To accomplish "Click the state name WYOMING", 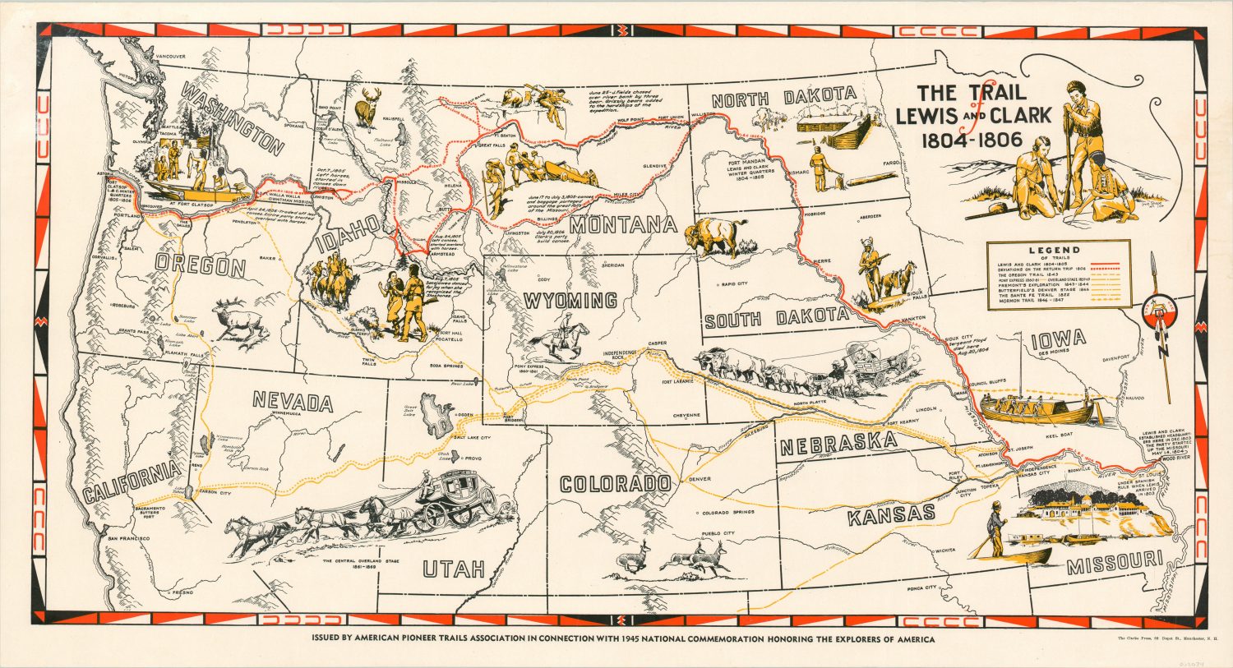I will (570, 301).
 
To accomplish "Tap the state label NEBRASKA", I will (838, 444).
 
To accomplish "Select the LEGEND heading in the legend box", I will (1058, 250).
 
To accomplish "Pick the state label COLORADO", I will (615, 483).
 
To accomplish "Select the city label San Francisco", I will (127, 537).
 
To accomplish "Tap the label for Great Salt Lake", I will (409, 410).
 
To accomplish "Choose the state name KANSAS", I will (891, 515).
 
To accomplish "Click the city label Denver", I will (700, 478).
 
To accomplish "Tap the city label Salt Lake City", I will (473, 438).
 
